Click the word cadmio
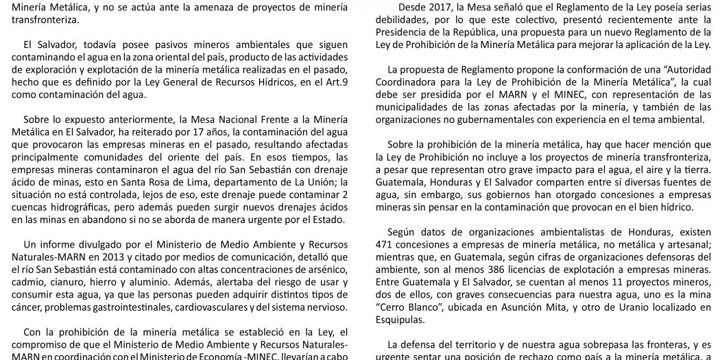[x=30, y=282]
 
